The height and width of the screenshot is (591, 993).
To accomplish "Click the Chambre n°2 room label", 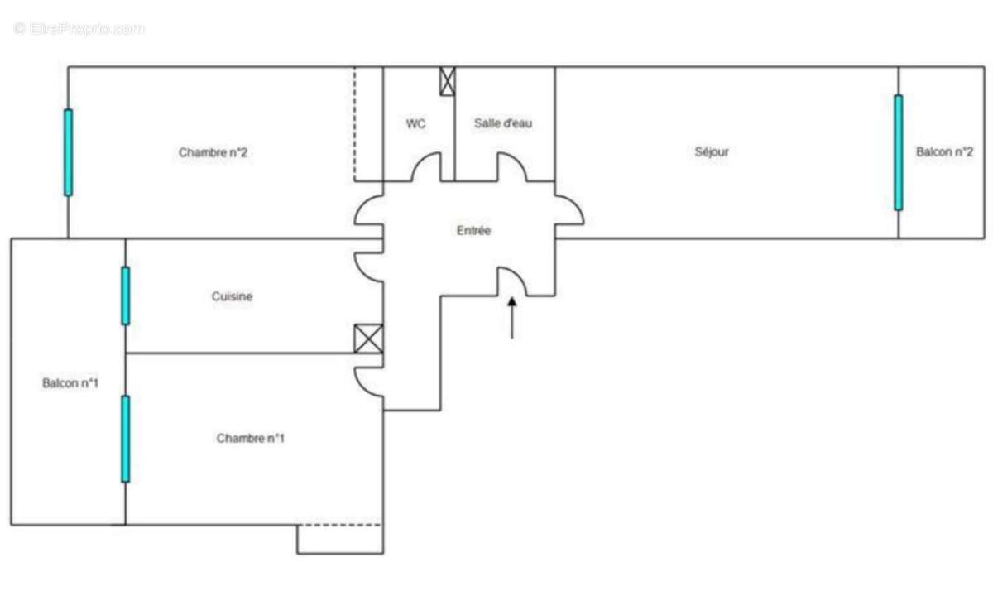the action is [213, 152].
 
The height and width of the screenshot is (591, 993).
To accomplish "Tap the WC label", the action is [415, 123].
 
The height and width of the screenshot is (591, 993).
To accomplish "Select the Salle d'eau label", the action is [503, 123].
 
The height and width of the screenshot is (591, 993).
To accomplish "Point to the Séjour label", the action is [712, 152].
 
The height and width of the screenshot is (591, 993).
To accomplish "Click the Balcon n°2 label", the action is [944, 152].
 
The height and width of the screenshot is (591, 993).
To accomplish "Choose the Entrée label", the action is [473, 231].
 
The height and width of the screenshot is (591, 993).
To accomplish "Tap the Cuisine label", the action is [232, 296].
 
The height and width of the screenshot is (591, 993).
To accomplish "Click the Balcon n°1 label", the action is [70, 383].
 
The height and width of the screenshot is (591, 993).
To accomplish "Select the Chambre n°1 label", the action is [251, 439].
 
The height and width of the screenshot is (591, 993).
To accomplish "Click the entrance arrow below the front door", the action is [512, 318].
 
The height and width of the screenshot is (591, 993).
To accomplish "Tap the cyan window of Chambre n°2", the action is [68, 152].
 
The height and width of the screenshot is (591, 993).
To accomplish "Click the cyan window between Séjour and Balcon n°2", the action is [898, 152].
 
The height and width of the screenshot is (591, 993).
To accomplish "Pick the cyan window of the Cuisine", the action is [126, 295].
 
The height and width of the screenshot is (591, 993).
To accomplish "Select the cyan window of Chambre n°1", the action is [126, 439].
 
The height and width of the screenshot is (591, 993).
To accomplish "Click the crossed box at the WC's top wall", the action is [448, 81].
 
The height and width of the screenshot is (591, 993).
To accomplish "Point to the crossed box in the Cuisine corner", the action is [368, 339].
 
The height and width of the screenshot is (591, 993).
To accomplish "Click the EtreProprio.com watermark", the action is [79, 29].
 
